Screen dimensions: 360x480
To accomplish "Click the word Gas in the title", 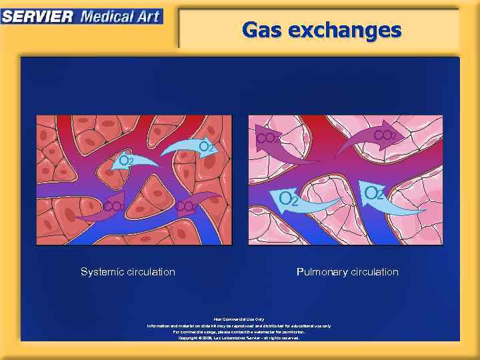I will coord(263,30).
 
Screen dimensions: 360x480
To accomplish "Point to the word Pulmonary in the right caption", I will coord(322,272).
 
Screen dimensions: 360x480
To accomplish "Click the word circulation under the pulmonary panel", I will coord(375,272).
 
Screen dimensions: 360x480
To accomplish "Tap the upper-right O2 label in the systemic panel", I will coord(207,147).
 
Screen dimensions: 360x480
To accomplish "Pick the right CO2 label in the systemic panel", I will coord(186,207).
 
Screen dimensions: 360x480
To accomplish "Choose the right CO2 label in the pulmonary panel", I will coord(385,135).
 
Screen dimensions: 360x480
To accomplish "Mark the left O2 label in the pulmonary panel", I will coord(289,199).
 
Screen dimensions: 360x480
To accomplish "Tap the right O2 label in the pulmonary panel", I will coord(375,193).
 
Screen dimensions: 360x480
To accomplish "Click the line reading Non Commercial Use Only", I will coord(239,319).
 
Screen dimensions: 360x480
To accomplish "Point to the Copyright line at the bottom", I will coord(239,338).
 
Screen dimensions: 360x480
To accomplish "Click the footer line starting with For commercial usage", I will coord(239,331).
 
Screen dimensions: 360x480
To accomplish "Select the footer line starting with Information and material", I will coord(239,325).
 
